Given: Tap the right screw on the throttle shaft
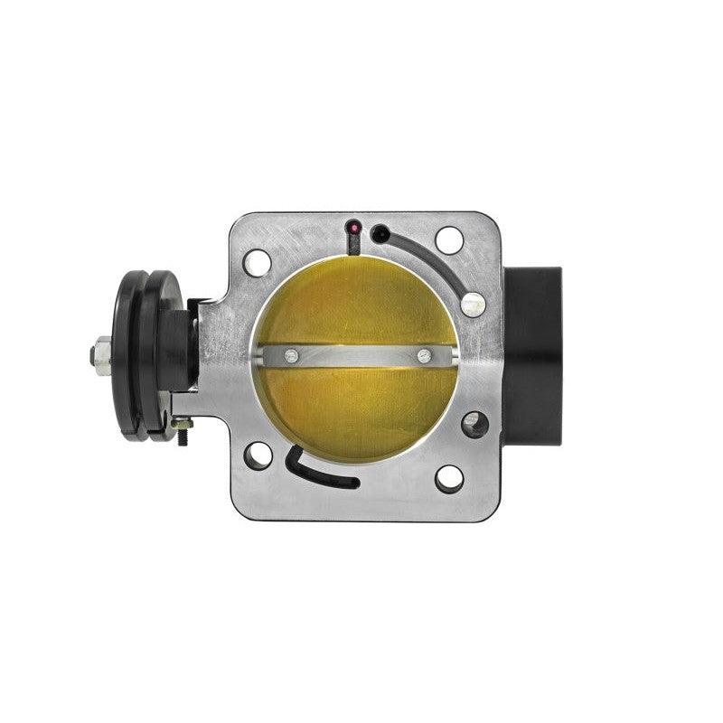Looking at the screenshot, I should click(x=424, y=355).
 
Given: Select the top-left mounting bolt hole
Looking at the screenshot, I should click(x=258, y=264).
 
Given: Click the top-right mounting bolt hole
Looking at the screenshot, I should click(x=449, y=239).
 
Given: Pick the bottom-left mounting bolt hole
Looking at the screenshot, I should click(x=258, y=455).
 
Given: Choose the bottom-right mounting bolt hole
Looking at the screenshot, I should click(x=449, y=478).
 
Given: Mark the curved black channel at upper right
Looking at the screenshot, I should click(x=434, y=258).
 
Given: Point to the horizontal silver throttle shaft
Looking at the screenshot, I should click(x=357, y=355).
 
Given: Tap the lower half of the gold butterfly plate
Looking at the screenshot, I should click(x=357, y=407).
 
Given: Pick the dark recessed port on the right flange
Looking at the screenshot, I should click(x=474, y=423).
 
